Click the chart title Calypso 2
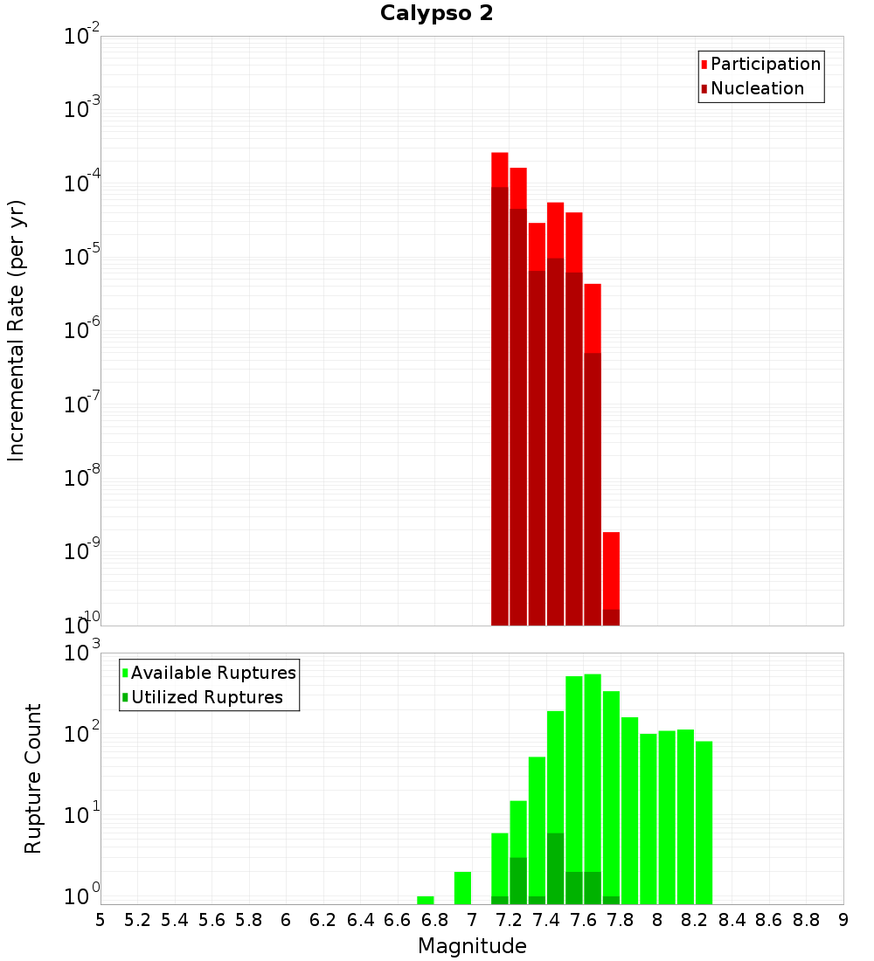[x=437, y=14]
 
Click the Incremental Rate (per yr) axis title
[x=17, y=330]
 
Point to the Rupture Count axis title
[x=33, y=778]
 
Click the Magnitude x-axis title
[x=472, y=946]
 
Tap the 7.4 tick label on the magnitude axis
[x=546, y=920]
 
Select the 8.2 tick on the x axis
[x=695, y=920]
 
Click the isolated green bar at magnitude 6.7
[x=426, y=900]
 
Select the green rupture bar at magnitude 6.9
[x=462, y=888]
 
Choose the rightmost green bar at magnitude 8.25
[x=704, y=822]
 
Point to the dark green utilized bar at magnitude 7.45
[x=555, y=868]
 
